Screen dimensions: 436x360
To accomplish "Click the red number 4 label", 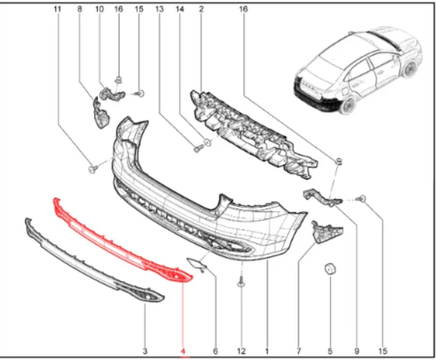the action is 183,352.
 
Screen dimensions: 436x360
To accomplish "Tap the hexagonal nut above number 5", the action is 330,268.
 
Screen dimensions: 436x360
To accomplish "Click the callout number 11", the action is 57,9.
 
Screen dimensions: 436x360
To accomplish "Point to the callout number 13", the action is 159,9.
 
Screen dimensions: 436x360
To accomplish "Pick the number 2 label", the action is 201,9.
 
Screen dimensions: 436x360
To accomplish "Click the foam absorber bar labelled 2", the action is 253,134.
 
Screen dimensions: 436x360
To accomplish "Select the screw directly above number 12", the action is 241,283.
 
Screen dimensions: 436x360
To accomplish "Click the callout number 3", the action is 145,352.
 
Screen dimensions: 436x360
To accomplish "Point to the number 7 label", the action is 299,352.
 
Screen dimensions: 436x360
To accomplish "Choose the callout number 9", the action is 356,352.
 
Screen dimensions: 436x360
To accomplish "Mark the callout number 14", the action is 180,9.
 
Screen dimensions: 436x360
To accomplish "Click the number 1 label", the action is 267,352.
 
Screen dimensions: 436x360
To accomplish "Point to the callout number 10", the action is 99,9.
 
